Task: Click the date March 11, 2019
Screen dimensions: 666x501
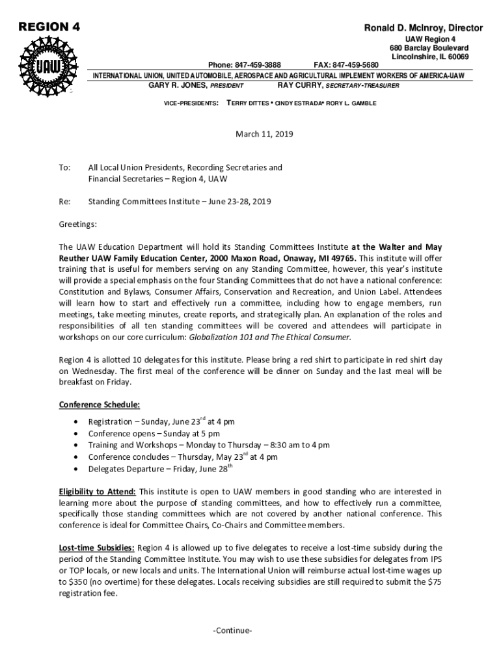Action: tap(264, 135)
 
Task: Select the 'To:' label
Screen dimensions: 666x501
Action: tap(64, 168)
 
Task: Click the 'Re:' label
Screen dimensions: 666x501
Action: tap(64, 202)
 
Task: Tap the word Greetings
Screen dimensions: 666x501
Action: tap(78, 224)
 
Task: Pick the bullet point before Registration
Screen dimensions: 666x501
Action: tap(78, 423)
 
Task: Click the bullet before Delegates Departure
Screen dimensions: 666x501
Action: tap(78, 470)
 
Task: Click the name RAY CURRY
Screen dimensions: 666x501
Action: tap(299, 86)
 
